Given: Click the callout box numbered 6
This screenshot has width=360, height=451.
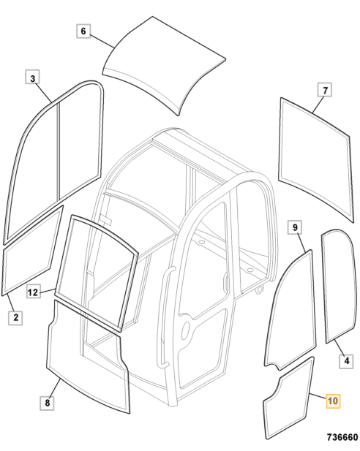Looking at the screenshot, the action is [83, 31].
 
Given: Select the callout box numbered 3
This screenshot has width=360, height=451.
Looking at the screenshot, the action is [32, 78].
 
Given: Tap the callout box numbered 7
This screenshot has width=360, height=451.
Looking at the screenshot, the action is [325, 90].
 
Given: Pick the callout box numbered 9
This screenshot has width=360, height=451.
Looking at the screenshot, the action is [295, 227].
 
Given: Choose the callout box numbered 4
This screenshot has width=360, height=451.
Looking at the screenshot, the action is [347, 360].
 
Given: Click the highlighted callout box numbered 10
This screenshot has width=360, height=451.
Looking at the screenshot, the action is [333, 401].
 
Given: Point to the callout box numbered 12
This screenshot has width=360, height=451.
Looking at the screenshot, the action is [33, 292].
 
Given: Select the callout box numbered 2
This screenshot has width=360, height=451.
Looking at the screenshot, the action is [15, 317].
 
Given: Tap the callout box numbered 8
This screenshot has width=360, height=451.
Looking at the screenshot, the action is [47, 403].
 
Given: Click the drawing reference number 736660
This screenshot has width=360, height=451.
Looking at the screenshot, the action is [342, 438].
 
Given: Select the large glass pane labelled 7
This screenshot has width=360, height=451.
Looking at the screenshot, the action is [315, 159].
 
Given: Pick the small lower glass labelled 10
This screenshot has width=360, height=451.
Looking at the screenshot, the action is [289, 398].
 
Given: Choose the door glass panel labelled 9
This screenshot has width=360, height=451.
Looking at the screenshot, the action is [290, 311].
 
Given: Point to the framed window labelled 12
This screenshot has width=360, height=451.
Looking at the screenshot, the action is [97, 273].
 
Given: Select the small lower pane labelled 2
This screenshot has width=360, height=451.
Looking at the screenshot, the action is [31, 250].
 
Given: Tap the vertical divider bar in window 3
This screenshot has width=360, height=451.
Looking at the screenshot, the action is [59, 151].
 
